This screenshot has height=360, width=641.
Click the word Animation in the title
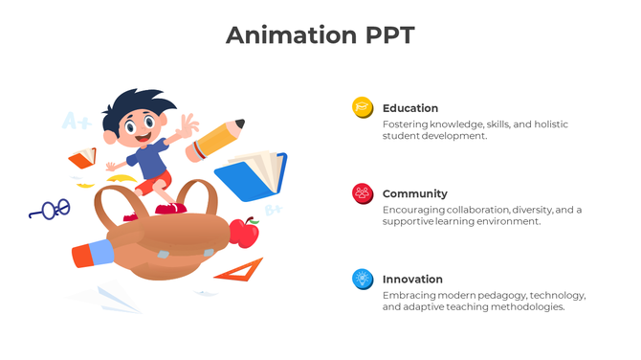tap(283, 36)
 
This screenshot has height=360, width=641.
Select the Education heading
tap(410, 108)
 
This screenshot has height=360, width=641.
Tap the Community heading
tap(415, 193)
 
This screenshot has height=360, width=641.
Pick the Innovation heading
tap(412, 279)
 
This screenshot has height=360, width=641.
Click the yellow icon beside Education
tap(363, 108)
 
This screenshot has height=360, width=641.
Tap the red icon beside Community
tap(363, 193)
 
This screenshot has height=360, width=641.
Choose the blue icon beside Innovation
tap(363, 279)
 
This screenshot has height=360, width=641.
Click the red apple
tap(246, 233)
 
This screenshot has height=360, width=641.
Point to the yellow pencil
tap(216, 140)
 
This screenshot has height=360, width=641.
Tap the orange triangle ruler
tap(240, 271)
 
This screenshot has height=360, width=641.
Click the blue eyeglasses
tap(51, 210)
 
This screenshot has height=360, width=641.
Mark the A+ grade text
tap(77, 122)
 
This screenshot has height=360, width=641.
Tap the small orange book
tap(82, 157)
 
